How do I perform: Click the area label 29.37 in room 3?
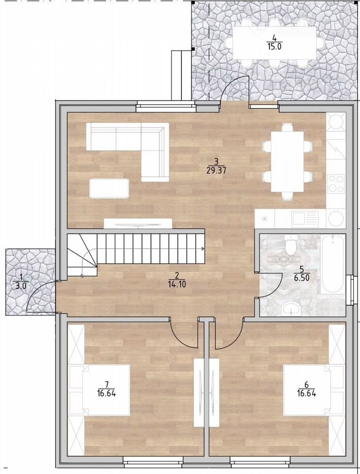point(216,170)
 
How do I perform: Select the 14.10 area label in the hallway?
point(177,284)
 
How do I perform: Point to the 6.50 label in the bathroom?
point(301,277)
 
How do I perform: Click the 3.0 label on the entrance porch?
point(20,285)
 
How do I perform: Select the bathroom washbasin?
point(291,309)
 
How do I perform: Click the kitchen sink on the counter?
point(305,218)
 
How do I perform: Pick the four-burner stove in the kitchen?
point(336,184)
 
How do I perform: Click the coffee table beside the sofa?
point(109,189)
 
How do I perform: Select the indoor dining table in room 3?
point(287,161)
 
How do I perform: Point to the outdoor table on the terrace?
point(275,43)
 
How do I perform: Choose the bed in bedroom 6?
point(312,390)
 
